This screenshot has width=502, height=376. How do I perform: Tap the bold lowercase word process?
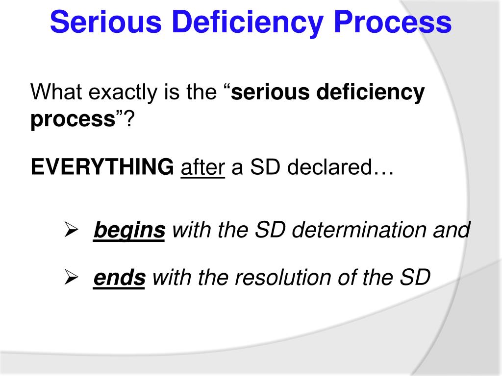73,120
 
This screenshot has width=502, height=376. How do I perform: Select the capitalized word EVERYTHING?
102,168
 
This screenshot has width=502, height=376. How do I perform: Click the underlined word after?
202,168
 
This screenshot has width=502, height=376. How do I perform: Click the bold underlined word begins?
129,230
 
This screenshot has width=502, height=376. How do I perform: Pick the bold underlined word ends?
119,278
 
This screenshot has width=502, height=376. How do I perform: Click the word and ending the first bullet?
451,230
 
